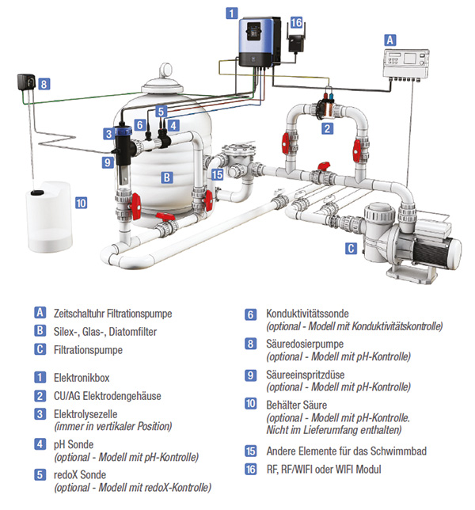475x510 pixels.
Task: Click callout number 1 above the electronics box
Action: point(231,13)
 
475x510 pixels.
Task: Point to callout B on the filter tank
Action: point(166,177)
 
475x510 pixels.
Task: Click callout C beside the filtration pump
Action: point(350,248)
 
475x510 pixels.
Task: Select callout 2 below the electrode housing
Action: point(326,126)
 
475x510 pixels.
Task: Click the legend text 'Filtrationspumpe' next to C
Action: point(89,349)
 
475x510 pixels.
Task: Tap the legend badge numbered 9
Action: point(250,375)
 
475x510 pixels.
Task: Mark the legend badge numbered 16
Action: point(250,469)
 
